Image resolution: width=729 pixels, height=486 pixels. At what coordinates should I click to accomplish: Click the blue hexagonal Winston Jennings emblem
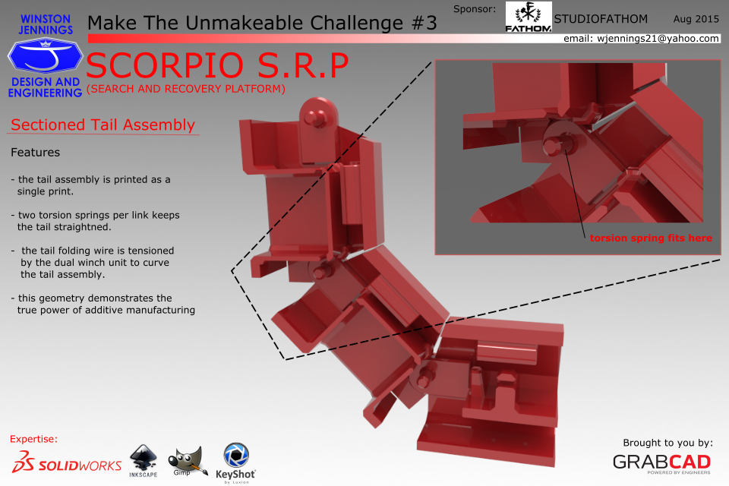(x=45, y=55)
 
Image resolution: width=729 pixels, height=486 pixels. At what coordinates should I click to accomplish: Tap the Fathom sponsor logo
(x=529, y=17)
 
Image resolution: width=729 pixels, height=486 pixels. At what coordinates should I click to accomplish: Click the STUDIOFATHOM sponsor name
(x=601, y=19)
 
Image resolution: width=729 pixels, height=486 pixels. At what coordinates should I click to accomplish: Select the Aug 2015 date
(x=696, y=19)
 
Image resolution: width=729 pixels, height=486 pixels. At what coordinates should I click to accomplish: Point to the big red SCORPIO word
(x=165, y=65)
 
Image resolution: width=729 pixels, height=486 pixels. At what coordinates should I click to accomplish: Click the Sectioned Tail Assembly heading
(x=103, y=125)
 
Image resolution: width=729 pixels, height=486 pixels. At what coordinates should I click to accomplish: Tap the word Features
(x=36, y=153)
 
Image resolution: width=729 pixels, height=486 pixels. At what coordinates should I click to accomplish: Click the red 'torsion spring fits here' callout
(x=651, y=238)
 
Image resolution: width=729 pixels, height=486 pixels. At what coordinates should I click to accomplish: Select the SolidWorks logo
(x=67, y=462)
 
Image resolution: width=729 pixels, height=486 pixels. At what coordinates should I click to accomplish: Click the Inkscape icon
(x=144, y=460)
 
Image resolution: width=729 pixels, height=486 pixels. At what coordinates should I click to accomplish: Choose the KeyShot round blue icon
(x=236, y=454)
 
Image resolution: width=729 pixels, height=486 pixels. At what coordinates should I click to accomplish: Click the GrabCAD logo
(x=661, y=462)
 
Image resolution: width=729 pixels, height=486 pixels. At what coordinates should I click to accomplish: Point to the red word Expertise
(x=33, y=439)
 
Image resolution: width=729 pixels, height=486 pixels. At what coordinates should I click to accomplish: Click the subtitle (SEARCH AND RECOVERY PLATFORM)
(x=186, y=89)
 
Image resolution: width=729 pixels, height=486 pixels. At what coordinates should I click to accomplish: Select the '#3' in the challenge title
(x=424, y=23)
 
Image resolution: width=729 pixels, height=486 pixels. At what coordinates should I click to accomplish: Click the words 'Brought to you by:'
(x=667, y=443)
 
